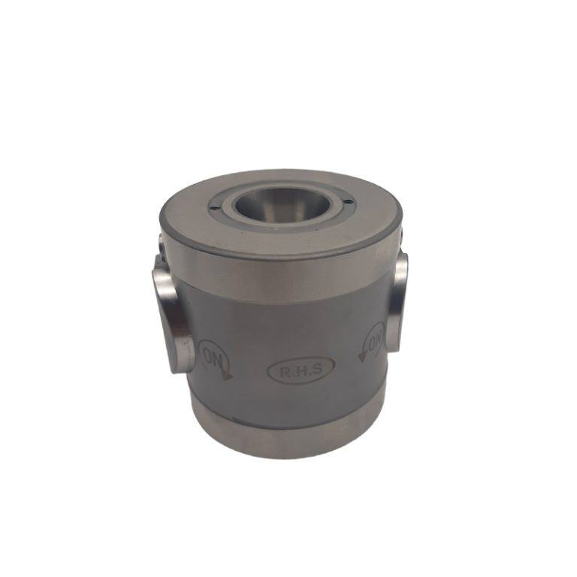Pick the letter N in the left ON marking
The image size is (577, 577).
tap(219, 362)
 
